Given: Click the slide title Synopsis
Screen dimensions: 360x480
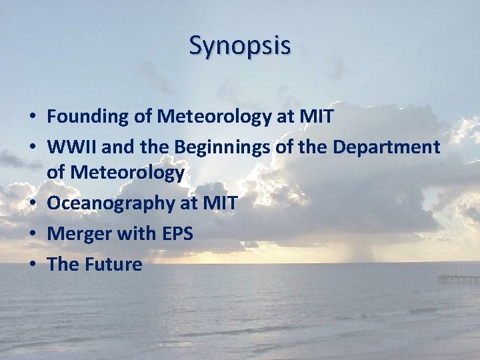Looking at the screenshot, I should coord(240,46).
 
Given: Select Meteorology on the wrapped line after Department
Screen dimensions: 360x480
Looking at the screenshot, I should coord(127,173).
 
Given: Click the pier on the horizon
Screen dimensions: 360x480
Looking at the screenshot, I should coord(459,279).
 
